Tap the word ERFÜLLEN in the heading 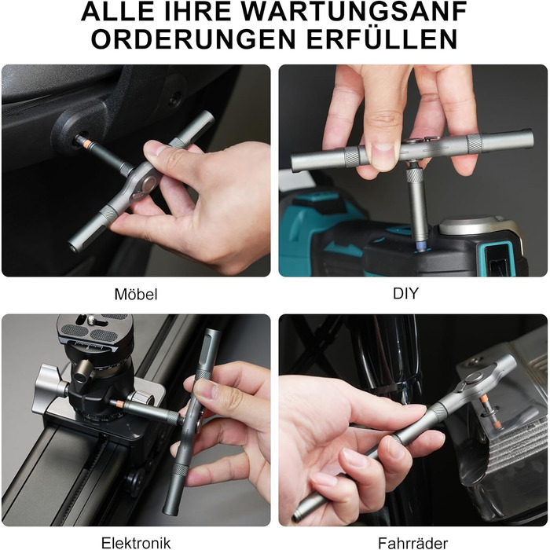pos(382,39)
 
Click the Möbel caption pos(136,295)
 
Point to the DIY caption pos(406,293)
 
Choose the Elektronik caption pos(136,543)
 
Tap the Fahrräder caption pos(412,543)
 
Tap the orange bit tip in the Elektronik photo pos(118,403)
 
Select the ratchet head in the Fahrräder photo pos(473,380)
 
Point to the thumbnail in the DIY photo pos(383,152)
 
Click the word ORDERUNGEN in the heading pos(193,39)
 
